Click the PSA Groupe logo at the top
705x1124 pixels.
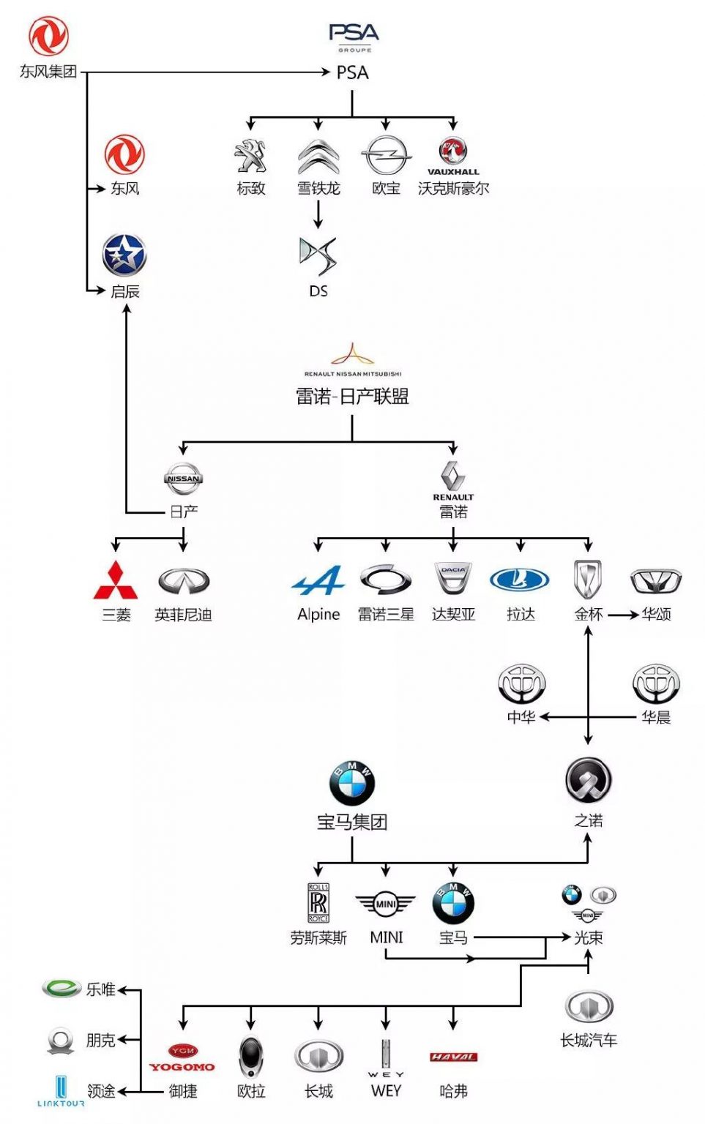(x=354, y=36)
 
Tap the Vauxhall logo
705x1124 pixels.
(x=453, y=155)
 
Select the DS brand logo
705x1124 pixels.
(x=318, y=255)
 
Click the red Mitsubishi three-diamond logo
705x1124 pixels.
(x=116, y=581)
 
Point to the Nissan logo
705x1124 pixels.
(x=183, y=479)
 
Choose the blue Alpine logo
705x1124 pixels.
(x=318, y=582)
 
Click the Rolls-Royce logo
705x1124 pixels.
(x=318, y=902)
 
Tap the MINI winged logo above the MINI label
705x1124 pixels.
(x=386, y=904)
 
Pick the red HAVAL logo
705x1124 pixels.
(x=453, y=1057)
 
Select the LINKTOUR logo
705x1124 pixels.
(x=61, y=1091)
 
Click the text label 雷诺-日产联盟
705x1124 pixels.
(x=352, y=397)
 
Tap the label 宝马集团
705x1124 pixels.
(x=352, y=822)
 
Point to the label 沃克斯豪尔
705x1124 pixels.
(x=453, y=188)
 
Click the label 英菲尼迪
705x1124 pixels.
(x=183, y=615)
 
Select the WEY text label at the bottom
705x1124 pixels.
(x=386, y=1091)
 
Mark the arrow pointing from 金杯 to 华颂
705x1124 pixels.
(x=623, y=615)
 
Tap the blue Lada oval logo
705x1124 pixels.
(x=520, y=580)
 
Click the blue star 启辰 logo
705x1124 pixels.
(x=124, y=255)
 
